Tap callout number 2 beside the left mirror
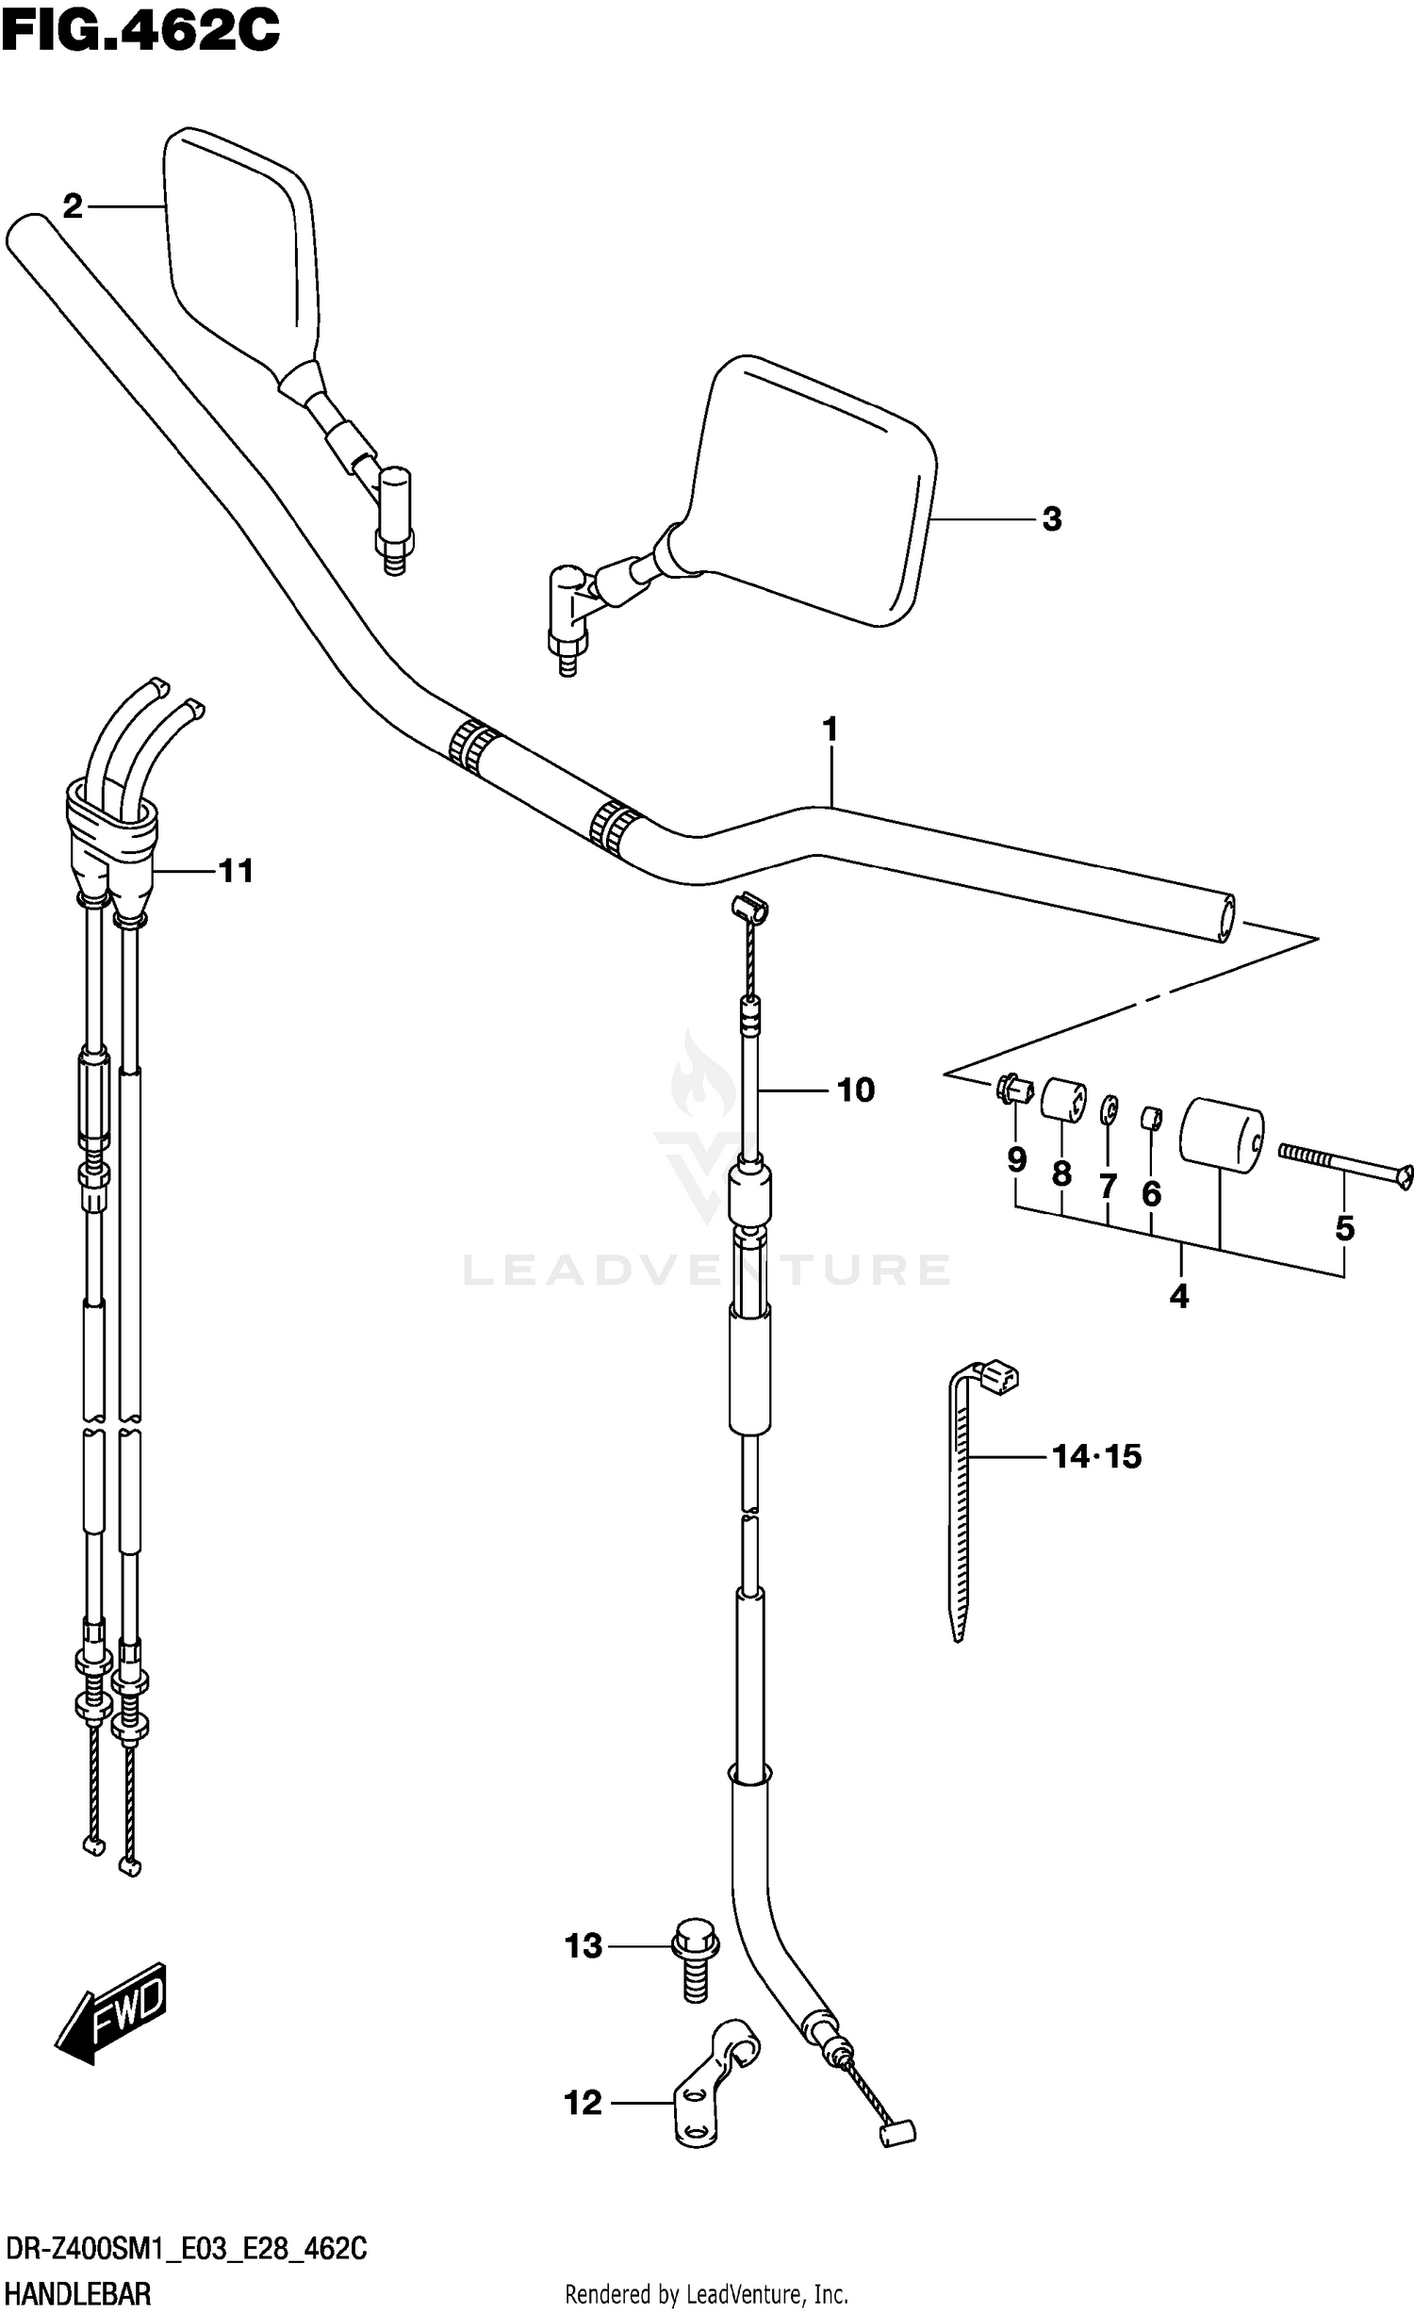pos(73,205)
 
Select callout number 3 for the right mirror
pos(1052,518)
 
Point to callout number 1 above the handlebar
pos(830,730)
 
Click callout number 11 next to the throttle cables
pos(236,871)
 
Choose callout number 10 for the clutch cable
pos(856,1090)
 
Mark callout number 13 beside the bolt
pos(584,1946)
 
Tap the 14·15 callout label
pos(1096,1456)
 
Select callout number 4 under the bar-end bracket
pos(1178,1297)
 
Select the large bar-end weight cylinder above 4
pos(1221,1135)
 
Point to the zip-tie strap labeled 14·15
pos(960,1508)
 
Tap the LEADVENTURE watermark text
pos(707,1270)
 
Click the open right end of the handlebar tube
pos(1226,918)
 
